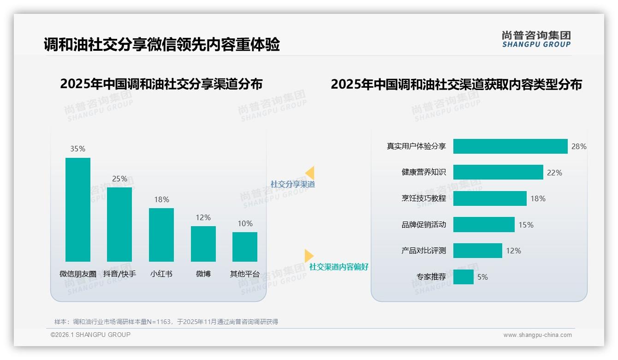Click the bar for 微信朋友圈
point(78,210)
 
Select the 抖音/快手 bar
point(119,224)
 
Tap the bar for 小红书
point(161,234)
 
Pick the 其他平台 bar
point(245,246)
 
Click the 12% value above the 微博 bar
point(203,217)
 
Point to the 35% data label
point(77,149)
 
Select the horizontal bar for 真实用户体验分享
point(510,146)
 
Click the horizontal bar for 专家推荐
point(463,277)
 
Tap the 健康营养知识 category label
point(423,172)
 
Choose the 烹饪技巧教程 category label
point(423,198)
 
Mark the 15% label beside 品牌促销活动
point(526,225)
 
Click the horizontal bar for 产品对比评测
point(477,251)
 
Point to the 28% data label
point(579,146)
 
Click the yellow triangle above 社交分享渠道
point(310,173)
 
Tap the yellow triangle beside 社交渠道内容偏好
point(309,256)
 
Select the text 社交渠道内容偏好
point(339,267)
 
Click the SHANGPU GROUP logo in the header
point(536,39)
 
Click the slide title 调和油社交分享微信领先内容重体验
point(161,45)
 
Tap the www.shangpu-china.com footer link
point(537,335)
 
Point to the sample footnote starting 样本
point(166,322)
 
